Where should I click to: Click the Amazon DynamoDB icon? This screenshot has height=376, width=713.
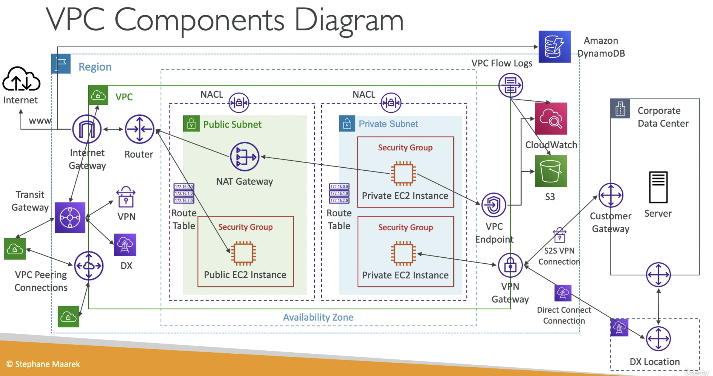(554, 46)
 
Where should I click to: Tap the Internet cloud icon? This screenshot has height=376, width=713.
(21, 79)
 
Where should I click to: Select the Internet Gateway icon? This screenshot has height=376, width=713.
(87, 129)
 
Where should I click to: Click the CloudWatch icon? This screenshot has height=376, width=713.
(551, 118)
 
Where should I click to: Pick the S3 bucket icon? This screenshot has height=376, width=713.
(551, 171)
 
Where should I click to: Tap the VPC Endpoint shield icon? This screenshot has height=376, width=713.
(493, 205)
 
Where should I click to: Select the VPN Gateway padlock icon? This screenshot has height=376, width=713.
(510, 265)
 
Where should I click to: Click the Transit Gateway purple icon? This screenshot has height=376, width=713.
(70, 217)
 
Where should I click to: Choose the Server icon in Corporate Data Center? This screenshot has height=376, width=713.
(658, 188)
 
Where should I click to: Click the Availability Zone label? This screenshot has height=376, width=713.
(318, 317)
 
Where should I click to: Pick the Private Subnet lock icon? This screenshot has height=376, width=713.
(347, 124)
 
